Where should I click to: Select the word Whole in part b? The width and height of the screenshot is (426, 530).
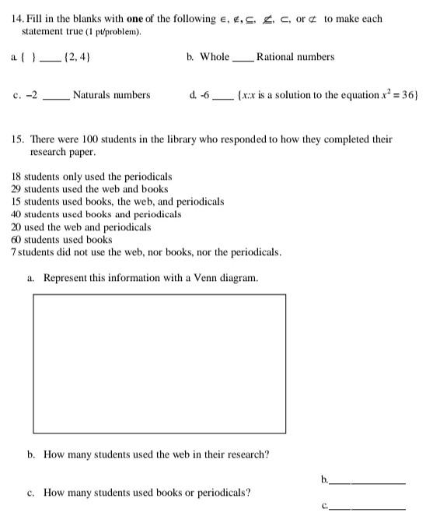[x=215, y=57]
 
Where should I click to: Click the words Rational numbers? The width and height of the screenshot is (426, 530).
[x=295, y=57]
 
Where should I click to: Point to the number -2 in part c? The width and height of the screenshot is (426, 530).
[x=30, y=95]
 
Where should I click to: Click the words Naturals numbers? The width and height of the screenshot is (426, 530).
[x=111, y=95]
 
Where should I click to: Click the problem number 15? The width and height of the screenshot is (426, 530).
[x=18, y=139]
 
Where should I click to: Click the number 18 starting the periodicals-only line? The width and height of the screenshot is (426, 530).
[x=18, y=177]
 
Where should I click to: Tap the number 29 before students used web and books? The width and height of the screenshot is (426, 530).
[x=18, y=189]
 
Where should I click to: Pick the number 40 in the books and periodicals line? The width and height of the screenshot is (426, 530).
[x=17, y=214]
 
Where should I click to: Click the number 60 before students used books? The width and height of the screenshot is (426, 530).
[x=18, y=240]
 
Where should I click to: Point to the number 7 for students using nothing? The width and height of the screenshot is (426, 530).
[x=14, y=252]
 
